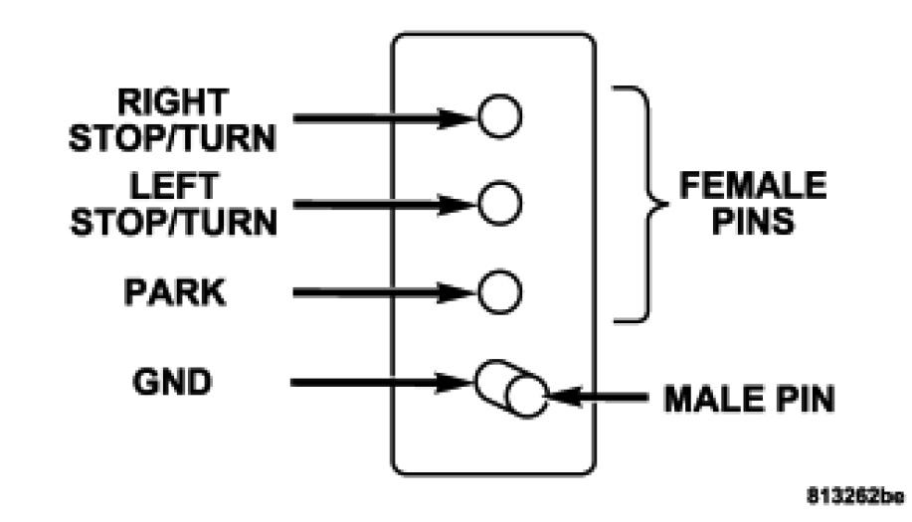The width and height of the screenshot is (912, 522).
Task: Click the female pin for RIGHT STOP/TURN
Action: click(499, 117)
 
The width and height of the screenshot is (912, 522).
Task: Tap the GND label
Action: click(173, 382)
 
